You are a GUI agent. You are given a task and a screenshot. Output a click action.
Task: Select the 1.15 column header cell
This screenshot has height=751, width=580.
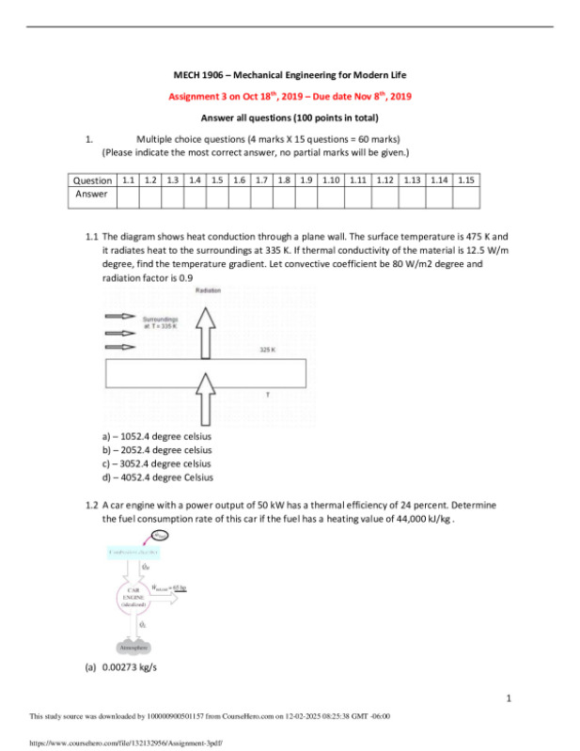click(465, 180)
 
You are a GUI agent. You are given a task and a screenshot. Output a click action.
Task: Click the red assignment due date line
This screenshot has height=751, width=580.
click(290, 96)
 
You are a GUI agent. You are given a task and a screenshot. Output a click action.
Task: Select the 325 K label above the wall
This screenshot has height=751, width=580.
click(267, 351)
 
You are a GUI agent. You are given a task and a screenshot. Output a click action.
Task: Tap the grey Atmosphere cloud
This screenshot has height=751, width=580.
click(131, 648)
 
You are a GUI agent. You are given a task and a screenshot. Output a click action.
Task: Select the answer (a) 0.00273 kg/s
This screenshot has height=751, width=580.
click(122, 669)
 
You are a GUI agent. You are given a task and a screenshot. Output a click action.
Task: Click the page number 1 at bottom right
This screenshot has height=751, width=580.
click(509, 698)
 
